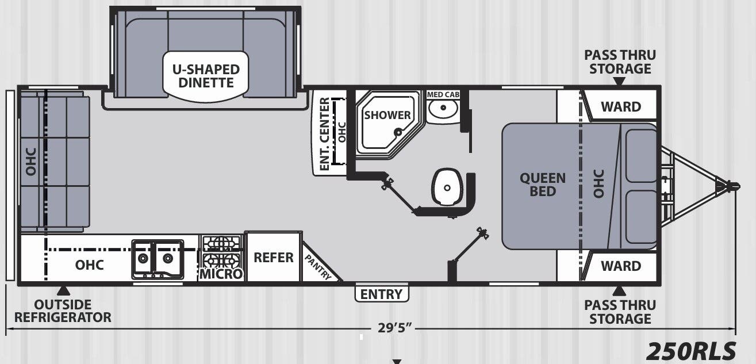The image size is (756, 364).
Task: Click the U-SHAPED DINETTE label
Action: (x=206, y=76)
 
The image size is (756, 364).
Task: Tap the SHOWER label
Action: (x=387, y=115)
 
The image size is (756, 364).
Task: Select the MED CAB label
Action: (x=443, y=94)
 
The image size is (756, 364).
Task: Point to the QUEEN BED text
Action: (x=543, y=185)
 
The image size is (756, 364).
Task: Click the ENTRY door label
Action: (x=381, y=294)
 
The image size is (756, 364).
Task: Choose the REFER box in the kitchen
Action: (x=274, y=257)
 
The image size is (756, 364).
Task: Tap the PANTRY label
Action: (x=318, y=267)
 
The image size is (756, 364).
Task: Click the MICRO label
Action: (x=221, y=274)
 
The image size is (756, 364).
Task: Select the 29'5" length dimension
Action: (x=395, y=327)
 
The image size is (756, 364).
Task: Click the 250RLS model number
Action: (x=691, y=351)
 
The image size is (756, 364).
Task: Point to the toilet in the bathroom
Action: (x=447, y=187)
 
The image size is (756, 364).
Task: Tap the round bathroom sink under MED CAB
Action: (x=443, y=108)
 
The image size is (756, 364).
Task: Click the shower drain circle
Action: (x=398, y=132)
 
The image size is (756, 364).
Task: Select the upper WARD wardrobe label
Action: (x=621, y=107)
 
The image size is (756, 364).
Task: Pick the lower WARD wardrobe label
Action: (x=621, y=266)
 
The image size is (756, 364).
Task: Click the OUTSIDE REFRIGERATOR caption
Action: (x=63, y=311)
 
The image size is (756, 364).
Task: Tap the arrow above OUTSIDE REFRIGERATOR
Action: (x=63, y=291)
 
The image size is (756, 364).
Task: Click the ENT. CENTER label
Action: (x=324, y=134)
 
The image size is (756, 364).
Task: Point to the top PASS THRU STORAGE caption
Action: (x=620, y=62)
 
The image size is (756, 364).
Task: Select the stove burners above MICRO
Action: (x=221, y=251)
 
